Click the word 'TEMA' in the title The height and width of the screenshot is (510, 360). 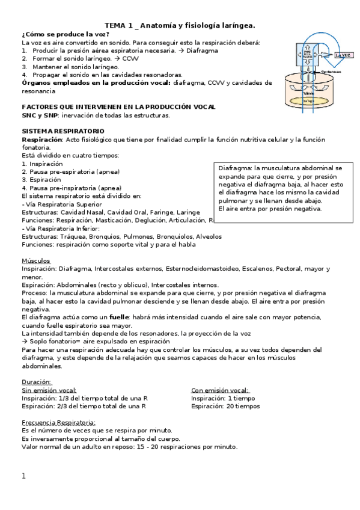116,25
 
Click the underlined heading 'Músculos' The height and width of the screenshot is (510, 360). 36,260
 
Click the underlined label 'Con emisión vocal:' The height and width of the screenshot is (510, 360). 220,390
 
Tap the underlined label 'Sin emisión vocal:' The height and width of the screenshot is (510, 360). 49,390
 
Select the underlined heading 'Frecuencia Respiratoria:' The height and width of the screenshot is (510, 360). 58,422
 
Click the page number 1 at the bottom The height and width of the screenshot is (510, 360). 24,476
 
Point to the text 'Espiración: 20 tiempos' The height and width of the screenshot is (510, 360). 225,406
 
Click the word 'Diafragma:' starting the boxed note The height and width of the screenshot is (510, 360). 235,169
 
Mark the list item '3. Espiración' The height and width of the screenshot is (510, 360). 41,179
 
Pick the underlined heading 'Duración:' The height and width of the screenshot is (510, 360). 37,382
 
